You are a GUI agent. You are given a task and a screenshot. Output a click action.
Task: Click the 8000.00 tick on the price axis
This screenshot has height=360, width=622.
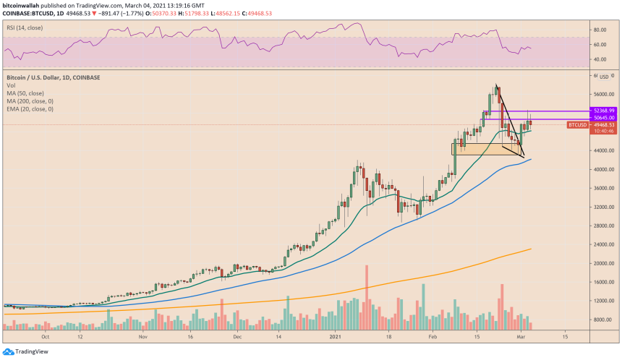[601, 320]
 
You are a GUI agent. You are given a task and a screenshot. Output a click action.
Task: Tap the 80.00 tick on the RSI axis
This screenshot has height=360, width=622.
[599, 30]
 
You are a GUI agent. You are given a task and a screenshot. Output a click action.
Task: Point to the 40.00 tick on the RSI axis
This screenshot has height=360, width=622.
[599, 59]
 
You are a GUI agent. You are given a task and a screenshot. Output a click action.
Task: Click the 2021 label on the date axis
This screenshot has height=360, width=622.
[336, 337]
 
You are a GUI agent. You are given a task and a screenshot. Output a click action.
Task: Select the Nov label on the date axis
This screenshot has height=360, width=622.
[142, 337]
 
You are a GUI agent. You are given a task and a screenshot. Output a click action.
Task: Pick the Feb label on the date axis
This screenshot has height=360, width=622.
[433, 337]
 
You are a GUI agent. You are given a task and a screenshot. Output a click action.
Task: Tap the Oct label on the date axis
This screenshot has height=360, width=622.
[46, 337]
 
